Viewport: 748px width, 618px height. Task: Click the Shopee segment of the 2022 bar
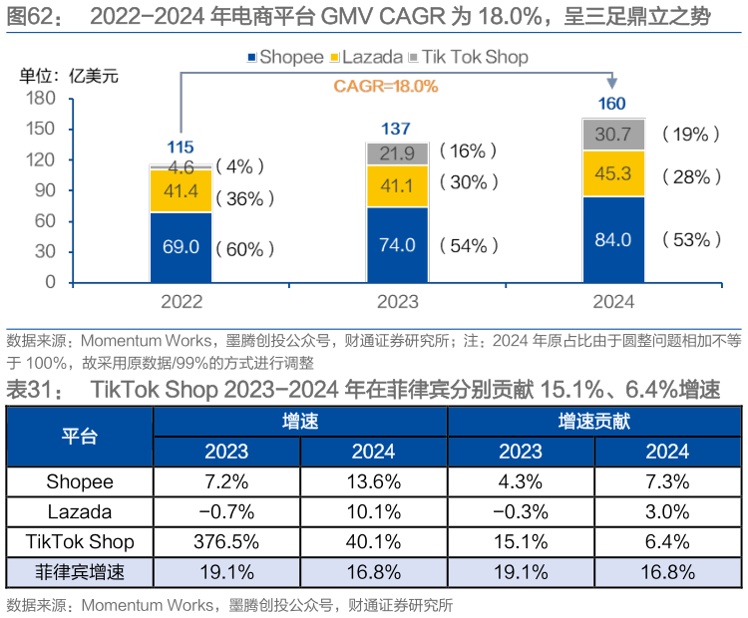coord(181,246)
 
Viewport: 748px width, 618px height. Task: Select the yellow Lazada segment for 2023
coord(397,185)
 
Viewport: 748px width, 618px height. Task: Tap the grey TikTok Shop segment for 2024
coord(613,135)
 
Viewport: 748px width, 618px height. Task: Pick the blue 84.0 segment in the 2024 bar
coord(613,239)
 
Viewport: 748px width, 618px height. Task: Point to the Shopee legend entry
coord(287,57)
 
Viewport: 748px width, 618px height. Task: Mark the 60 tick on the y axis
coord(46,220)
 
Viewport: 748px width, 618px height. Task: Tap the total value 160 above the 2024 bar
coord(611,104)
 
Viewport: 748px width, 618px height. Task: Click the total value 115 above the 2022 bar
coord(181,148)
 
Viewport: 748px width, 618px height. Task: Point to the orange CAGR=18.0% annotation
coord(386,87)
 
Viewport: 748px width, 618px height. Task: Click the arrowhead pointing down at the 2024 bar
coord(611,84)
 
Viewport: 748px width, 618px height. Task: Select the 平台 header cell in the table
coord(80,437)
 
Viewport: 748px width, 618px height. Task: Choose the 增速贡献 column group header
coord(594,422)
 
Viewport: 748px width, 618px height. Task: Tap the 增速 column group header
coord(300,422)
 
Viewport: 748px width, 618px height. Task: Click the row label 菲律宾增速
coord(80,572)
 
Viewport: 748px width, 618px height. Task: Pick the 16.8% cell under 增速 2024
coord(374,572)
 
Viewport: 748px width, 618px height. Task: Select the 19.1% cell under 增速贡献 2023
coord(521,572)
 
